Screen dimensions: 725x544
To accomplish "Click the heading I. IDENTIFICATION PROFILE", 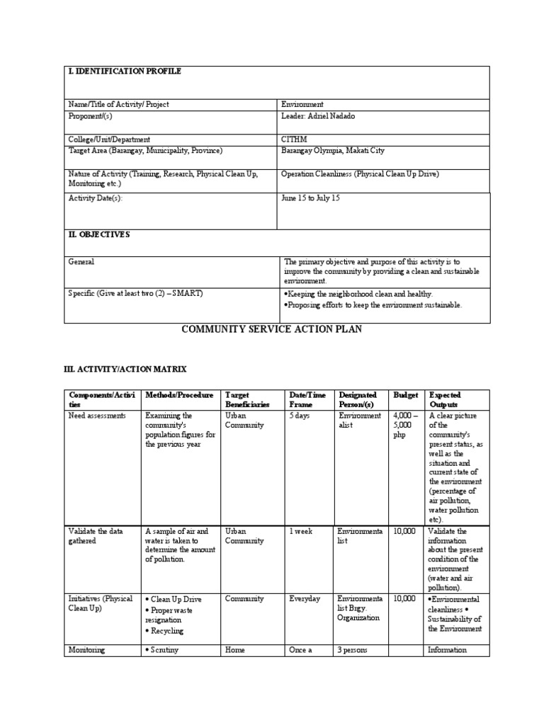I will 124,72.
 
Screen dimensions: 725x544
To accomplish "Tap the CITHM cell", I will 294,139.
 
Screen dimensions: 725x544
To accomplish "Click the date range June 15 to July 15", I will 310,198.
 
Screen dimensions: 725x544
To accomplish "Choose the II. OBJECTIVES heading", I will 98,235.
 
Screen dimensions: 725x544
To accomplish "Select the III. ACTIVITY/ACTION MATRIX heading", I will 125,369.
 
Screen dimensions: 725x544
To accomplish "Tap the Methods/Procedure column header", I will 179,395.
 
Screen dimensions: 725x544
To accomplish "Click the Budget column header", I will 406,395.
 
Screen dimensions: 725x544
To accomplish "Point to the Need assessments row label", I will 97,416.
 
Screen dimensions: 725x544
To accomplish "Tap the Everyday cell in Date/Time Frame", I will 305,599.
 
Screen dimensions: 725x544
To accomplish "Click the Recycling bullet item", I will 166,631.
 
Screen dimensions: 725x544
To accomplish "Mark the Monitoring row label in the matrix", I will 86,650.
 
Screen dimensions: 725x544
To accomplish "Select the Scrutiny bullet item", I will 164,650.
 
